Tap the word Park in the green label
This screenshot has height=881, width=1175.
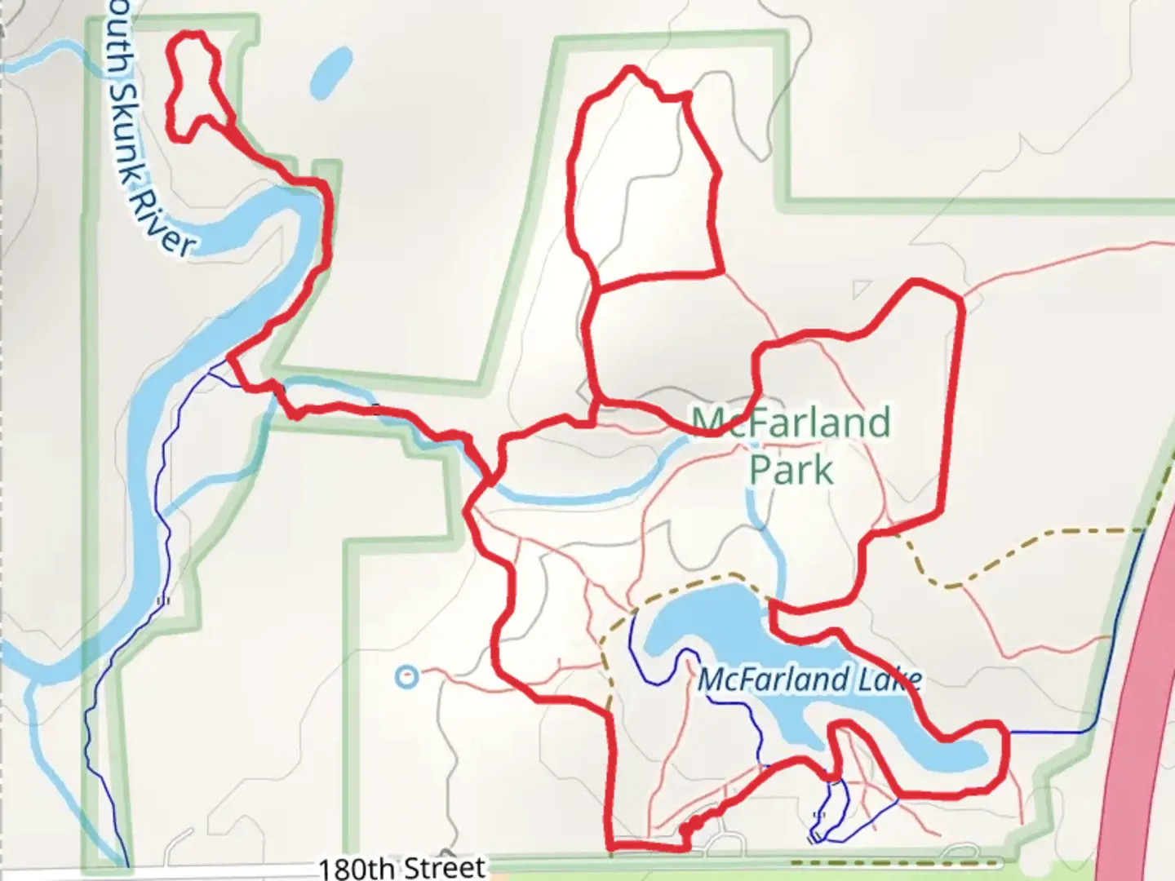(791, 470)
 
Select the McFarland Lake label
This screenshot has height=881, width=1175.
(809, 680)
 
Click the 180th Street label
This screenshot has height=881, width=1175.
(401, 867)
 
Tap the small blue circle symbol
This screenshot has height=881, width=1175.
(406, 676)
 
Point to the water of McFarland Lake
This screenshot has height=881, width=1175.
(710, 620)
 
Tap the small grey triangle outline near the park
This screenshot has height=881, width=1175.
(862, 290)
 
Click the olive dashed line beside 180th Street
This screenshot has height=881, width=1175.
(898, 861)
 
